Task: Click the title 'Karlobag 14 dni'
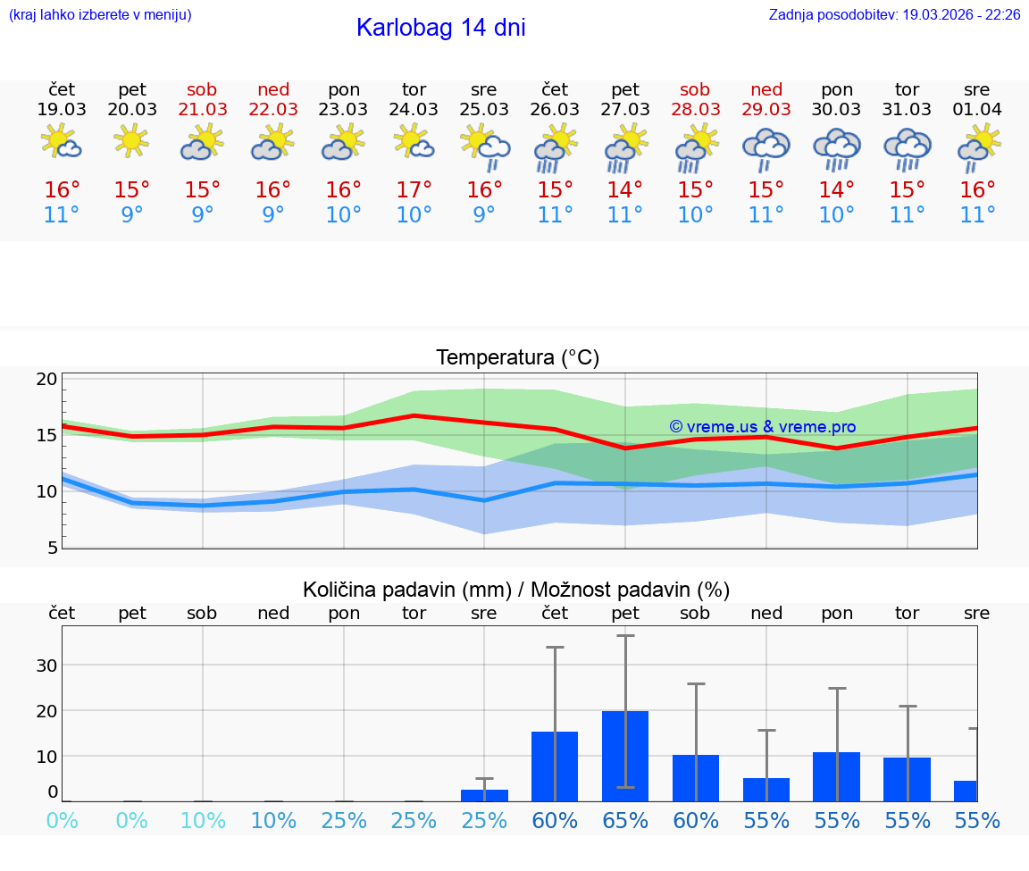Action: coord(440,28)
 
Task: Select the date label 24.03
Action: coord(414,109)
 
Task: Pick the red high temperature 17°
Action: coord(414,189)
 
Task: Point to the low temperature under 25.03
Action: coord(484,214)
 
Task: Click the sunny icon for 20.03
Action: coord(132,140)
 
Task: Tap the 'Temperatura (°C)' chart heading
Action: coord(517,357)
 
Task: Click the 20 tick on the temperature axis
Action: coord(46,379)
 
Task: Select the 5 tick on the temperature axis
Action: coord(52,547)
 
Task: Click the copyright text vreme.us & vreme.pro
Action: coord(763,427)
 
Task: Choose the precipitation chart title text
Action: coord(516,590)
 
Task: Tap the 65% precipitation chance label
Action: coord(625,821)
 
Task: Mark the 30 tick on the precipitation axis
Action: coord(46,665)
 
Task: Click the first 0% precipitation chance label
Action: coord(62,821)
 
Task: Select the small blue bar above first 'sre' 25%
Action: coord(484,795)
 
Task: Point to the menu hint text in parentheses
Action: coord(100,15)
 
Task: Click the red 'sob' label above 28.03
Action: coord(695,89)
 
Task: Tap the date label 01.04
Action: coord(977,109)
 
